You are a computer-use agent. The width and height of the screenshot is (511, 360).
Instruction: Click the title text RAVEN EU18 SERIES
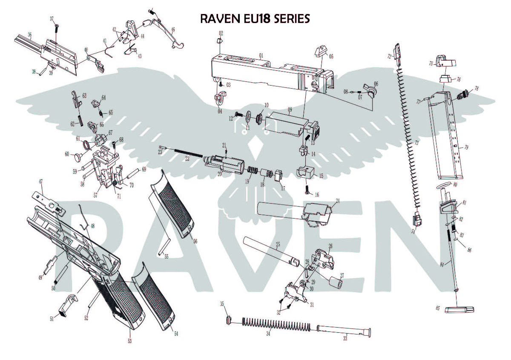click(x=255, y=19)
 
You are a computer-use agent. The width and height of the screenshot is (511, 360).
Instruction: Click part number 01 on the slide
click(x=261, y=55)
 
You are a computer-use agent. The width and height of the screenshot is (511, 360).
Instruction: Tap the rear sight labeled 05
click(x=319, y=52)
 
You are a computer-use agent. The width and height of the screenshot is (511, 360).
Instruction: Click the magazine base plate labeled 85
click(x=459, y=309)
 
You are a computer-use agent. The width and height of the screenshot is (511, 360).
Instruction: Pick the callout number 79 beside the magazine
click(x=466, y=147)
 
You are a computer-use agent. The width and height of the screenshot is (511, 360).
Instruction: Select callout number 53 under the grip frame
click(x=129, y=341)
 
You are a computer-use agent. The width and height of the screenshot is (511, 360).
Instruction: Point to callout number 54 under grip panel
click(x=176, y=334)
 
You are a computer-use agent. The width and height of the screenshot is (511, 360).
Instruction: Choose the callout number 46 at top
click(x=173, y=30)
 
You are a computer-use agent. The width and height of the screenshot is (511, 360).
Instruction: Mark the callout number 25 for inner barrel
click(x=278, y=245)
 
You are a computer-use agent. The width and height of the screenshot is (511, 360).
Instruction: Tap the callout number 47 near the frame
click(x=41, y=181)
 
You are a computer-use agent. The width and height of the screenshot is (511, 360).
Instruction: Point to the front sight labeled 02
click(x=220, y=41)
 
